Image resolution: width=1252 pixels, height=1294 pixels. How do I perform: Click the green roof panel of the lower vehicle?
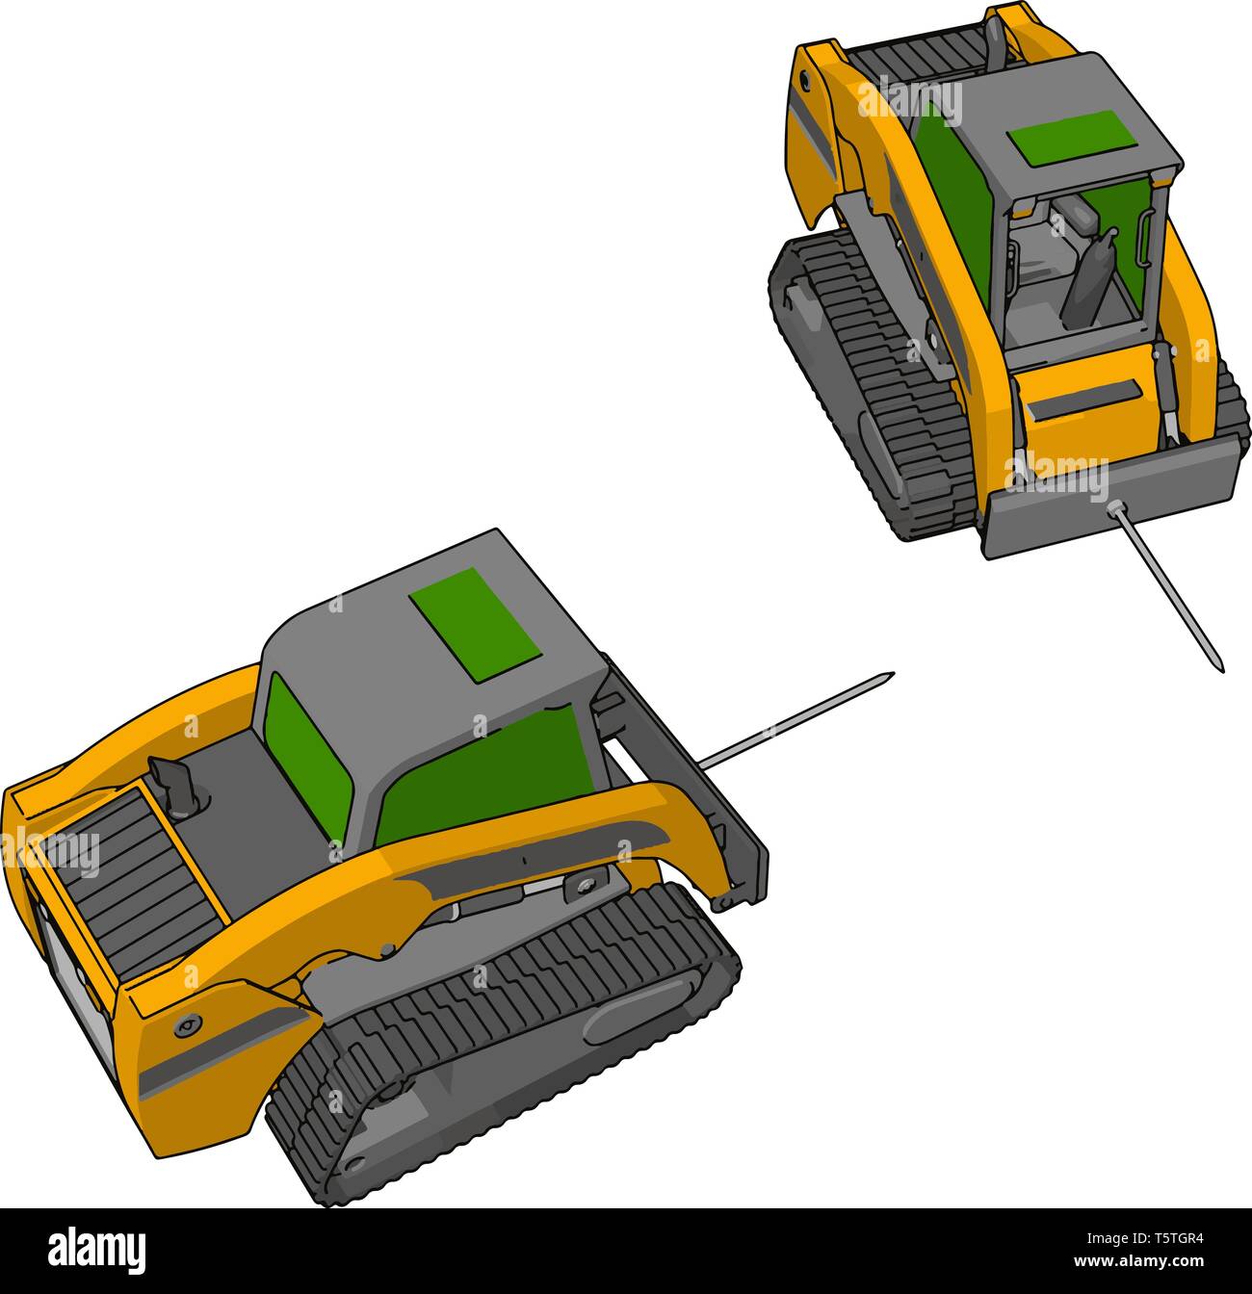(475, 625)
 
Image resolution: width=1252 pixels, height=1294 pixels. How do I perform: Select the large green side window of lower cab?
(482, 770)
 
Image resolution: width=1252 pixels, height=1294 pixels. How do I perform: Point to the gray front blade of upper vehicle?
(1108, 501)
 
